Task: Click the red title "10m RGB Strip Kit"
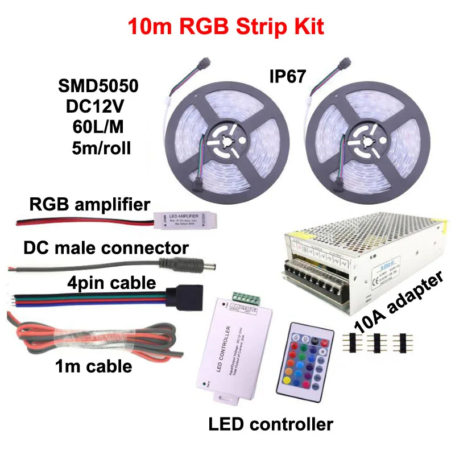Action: pos(227,27)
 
